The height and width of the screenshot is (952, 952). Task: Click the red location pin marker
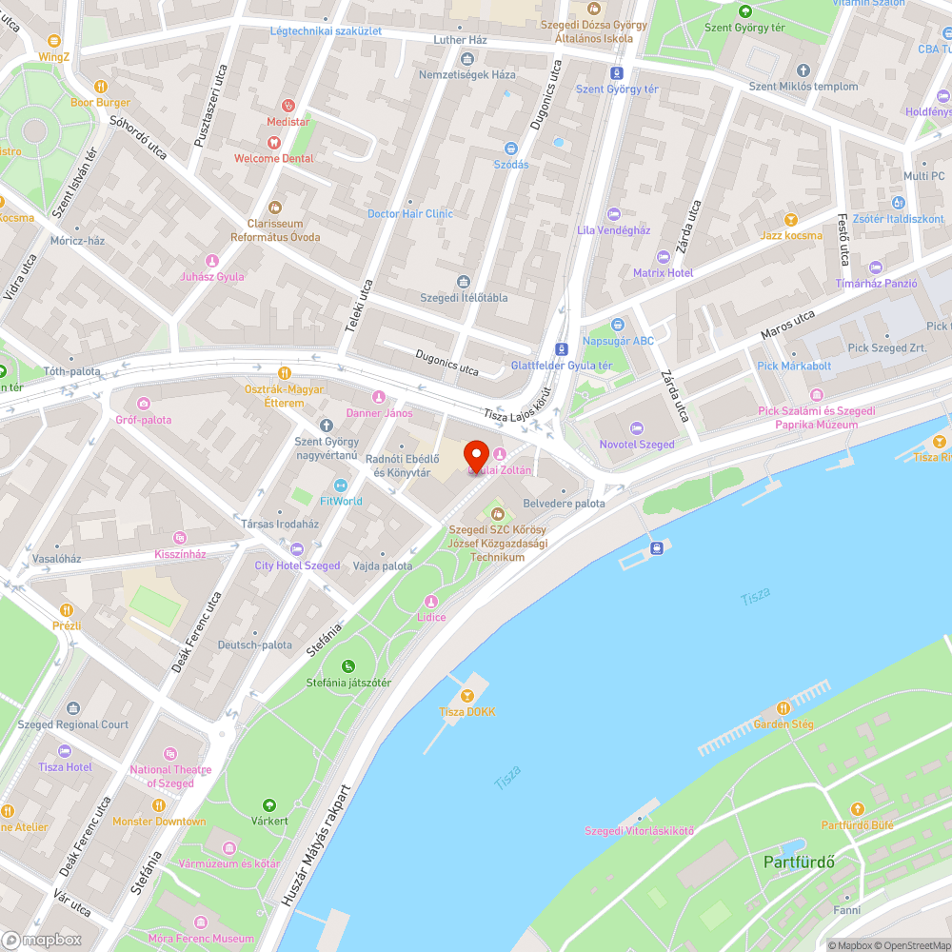pos(475,459)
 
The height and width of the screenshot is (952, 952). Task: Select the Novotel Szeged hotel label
pos(636,445)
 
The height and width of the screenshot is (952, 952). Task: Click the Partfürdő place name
pos(799,863)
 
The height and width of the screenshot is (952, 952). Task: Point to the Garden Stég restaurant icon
pos(783,708)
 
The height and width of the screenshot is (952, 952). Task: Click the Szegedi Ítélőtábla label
pos(464,297)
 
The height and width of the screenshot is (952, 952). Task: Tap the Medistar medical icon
pos(288,107)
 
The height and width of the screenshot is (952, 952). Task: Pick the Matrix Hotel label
pos(664,273)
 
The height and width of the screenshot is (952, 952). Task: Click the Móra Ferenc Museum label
pos(201,938)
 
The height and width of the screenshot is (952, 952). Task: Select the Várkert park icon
pos(268,805)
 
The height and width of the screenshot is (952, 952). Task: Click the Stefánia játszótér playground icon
pos(347,666)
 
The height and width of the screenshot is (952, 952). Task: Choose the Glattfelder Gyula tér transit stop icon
pos(562,349)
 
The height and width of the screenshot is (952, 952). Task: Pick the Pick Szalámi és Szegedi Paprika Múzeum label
pos(816,417)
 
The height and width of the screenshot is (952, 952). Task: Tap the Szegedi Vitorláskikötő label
pos(639,831)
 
